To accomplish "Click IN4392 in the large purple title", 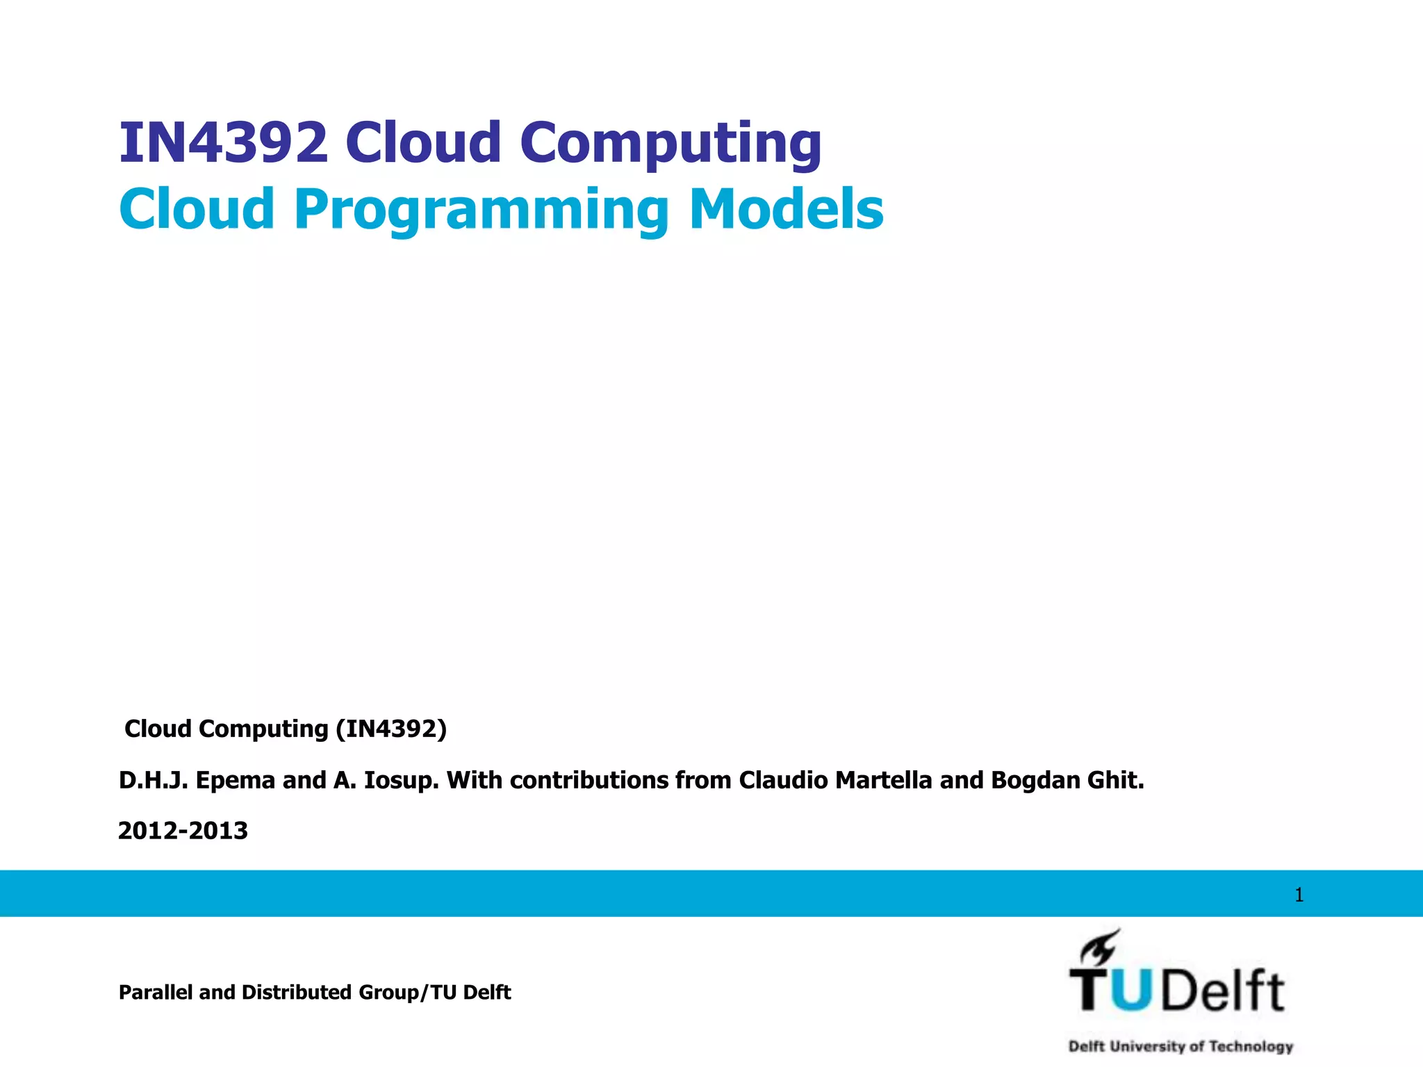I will point(223,142).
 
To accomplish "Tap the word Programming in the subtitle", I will point(482,210).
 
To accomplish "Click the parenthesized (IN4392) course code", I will point(391,729).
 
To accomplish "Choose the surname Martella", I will point(883,781).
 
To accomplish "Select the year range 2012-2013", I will point(183,831).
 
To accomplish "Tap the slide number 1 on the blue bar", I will point(1299,895).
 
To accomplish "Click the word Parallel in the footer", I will point(156,992).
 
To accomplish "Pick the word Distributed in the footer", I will point(297,992).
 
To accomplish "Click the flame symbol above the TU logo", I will point(1100,948).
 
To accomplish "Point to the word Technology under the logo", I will point(1251,1046).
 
